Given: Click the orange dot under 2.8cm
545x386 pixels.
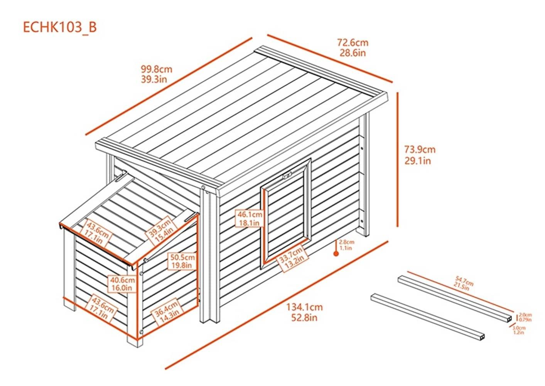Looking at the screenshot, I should [336, 254].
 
